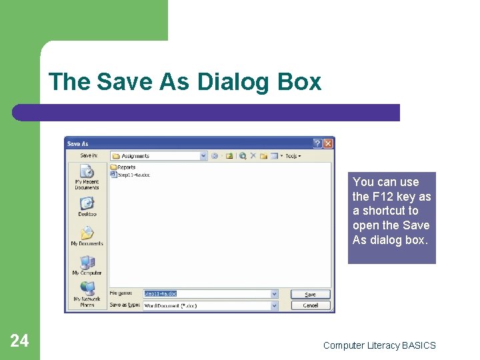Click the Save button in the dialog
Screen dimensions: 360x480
coord(310,294)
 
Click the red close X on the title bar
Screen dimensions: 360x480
coord(328,143)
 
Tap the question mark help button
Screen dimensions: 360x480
coord(317,143)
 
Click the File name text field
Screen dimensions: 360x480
coord(207,294)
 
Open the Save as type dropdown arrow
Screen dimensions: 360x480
coord(274,305)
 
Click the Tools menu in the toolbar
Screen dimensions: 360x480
coord(293,156)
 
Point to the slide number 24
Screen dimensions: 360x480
coord(19,341)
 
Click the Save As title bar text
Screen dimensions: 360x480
coord(78,143)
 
